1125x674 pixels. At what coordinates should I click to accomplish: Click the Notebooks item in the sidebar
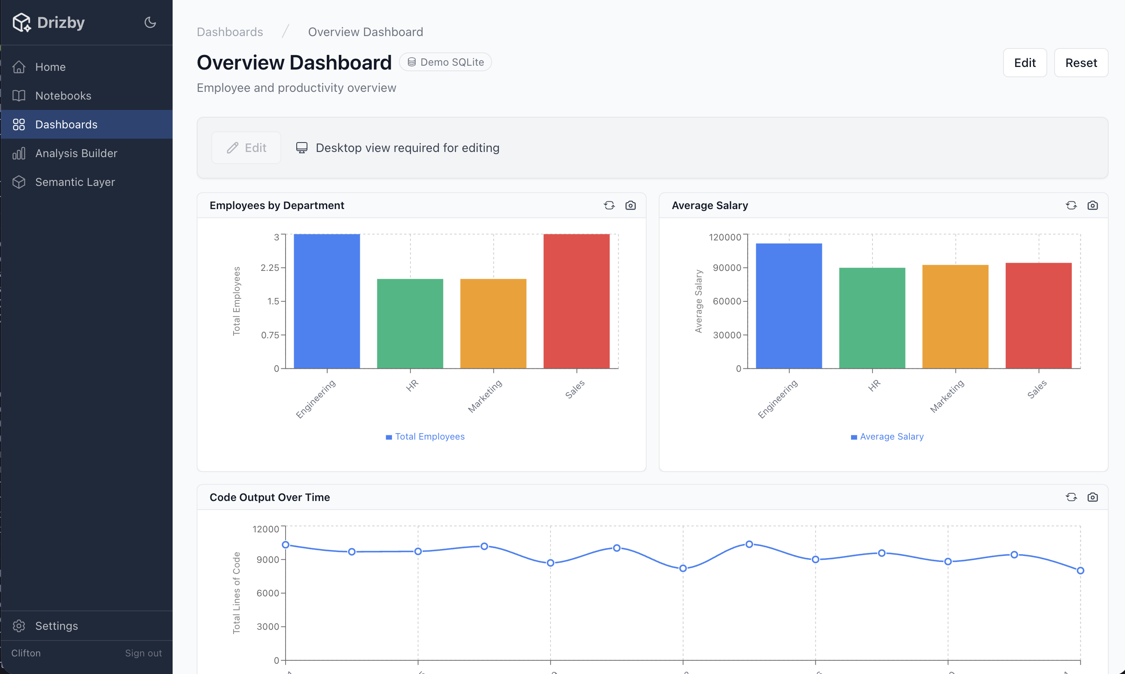(x=63, y=96)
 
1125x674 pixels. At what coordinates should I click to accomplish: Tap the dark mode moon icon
(x=150, y=22)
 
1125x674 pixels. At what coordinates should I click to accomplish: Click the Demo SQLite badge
(x=445, y=62)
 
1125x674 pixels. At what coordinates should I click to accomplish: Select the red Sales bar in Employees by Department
(x=576, y=301)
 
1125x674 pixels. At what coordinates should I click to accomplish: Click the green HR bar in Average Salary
(x=872, y=318)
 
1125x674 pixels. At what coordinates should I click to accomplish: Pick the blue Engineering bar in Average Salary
(x=789, y=306)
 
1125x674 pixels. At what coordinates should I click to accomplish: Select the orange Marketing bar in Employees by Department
(x=493, y=323)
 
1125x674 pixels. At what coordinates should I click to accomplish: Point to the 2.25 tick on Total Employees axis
(x=270, y=268)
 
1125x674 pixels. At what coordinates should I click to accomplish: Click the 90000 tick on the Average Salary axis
(x=727, y=268)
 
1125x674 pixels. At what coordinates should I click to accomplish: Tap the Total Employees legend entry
(x=425, y=437)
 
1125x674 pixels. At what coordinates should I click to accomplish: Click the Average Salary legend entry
(x=887, y=437)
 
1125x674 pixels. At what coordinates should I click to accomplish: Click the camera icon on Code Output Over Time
(x=1092, y=497)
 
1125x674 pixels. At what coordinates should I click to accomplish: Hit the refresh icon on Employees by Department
(x=609, y=206)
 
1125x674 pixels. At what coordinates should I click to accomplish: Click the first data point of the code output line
(x=286, y=544)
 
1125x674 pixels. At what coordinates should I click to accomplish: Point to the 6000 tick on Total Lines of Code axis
(x=268, y=593)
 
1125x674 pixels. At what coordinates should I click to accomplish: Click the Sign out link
(x=143, y=653)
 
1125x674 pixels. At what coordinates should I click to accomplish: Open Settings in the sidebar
(x=56, y=626)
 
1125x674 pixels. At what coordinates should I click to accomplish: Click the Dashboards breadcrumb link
(x=230, y=32)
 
